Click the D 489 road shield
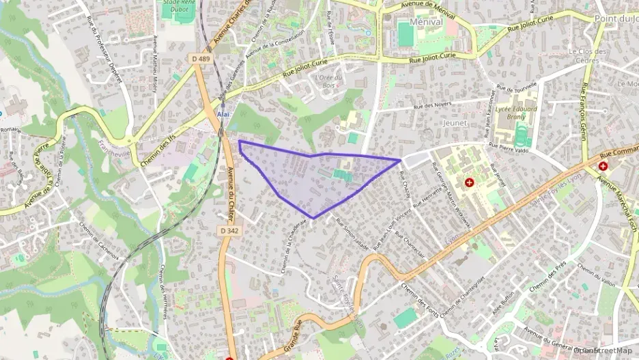coord(201,59)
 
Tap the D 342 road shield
coord(230,232)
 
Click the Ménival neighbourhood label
coord(426,22)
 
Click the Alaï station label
coord(223,113)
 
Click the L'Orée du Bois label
coord(328,81)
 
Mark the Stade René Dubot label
coord(178,6)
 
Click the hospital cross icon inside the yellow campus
coord(469,182)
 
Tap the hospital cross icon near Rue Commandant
coord(603,166)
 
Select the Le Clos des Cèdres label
coord(588,55)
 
